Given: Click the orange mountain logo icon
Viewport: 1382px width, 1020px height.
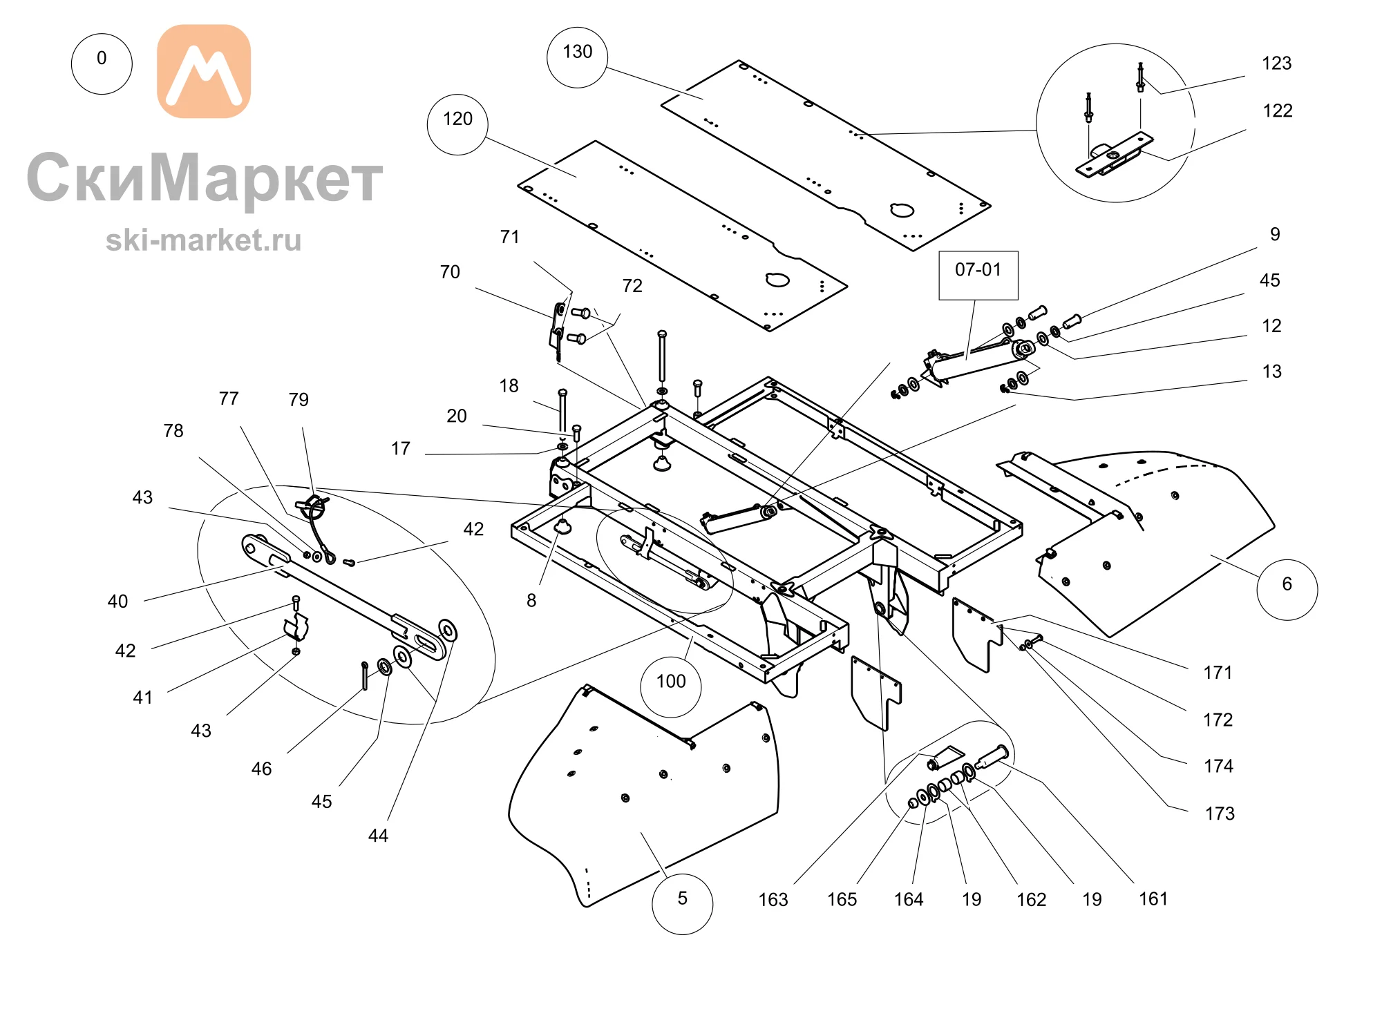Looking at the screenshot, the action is [204, 71].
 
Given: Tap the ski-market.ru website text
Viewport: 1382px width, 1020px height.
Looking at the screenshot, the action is [204, 240].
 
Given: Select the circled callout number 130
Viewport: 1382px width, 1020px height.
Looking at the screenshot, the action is [577, 57].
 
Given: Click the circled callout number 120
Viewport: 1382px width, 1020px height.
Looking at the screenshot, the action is [457, 124].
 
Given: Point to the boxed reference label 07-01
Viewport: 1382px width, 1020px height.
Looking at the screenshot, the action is [978, 275].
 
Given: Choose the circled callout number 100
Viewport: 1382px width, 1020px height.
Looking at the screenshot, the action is [671, 687].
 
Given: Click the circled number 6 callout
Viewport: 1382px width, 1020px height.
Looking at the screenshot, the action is [1287, 590].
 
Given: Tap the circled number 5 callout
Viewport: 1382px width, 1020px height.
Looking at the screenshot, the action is [682, 904].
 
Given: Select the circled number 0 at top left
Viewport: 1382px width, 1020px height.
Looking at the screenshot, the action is [102, 64].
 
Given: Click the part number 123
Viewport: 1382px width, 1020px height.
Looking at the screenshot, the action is [1276, 64].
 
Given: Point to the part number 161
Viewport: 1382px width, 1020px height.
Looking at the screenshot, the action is [1153, 898].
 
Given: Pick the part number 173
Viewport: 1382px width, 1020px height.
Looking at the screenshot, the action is [1220, 814].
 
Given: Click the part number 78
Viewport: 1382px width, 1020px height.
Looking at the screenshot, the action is [173, 431].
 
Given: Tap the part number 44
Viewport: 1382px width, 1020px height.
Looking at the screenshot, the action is [378, 836].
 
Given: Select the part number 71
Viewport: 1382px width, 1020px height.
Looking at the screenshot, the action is [509, 237].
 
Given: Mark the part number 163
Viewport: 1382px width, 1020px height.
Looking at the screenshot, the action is [773, 899].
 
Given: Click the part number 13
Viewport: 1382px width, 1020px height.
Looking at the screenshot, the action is [1272, 372].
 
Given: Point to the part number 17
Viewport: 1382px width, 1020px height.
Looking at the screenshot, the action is [401, 449].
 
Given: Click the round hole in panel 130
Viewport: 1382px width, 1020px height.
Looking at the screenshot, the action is [902, 210].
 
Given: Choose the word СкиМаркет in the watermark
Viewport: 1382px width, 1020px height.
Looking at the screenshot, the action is [205, 177].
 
